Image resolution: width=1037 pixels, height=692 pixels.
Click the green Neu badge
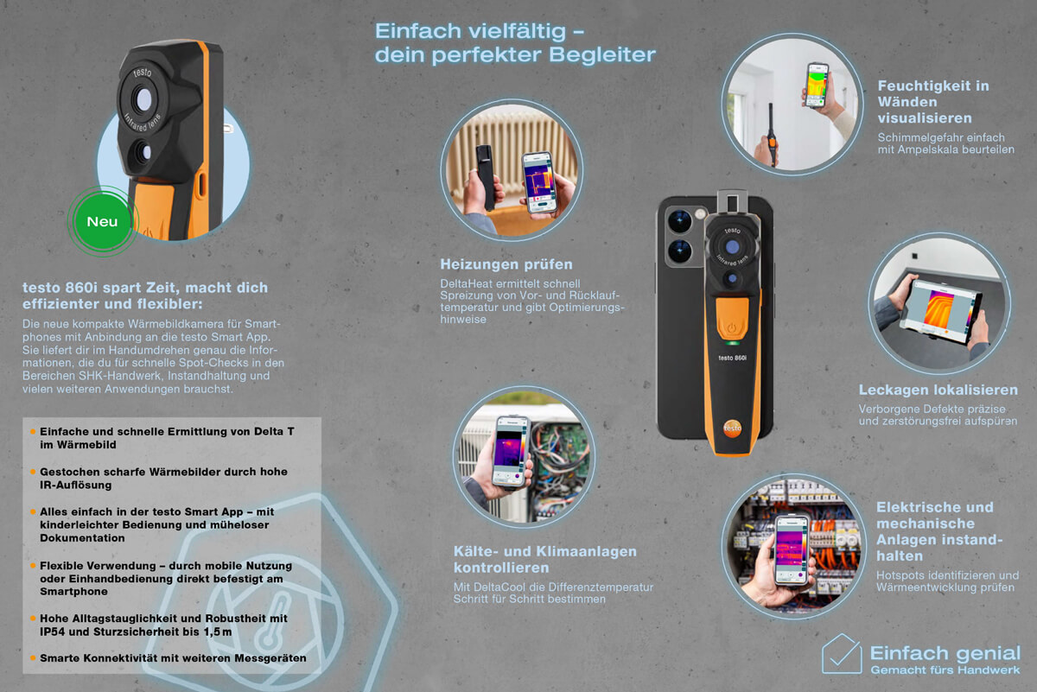[x=102, y=221]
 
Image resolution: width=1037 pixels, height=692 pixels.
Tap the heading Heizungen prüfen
[x=506, y=264]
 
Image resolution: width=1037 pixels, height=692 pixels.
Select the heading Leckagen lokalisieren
[x=938, y=390]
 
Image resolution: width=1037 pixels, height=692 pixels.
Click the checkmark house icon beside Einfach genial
[x=841, y=654]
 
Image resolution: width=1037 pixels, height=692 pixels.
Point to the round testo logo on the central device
[x=732, y=429]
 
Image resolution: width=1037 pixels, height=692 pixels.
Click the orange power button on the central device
[x=732, y=319]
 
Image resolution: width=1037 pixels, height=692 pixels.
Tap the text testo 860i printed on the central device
[x=732, y=358]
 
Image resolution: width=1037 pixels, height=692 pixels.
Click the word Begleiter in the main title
[x=602, y=55]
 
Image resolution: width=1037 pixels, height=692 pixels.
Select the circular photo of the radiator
[x=512, y=170]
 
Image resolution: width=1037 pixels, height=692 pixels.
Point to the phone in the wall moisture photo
[x=818, y=86]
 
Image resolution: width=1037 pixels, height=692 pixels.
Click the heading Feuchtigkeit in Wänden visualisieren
[x=933, y=102]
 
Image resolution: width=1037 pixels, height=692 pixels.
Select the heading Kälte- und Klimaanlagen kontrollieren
[x=545, y=559]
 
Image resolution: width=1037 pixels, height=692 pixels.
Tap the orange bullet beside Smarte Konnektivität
[x=33, y=657]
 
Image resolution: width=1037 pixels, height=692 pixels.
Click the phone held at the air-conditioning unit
[x=511, y=451]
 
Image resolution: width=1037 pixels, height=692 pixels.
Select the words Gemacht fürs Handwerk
[x=945, y=670]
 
